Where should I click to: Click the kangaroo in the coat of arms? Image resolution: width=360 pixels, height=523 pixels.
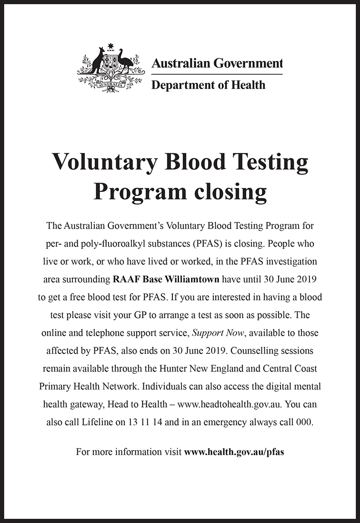point(98,61)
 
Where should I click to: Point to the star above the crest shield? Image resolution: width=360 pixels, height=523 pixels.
point(111,46)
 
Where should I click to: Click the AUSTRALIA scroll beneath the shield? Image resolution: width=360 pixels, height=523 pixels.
point(111,87)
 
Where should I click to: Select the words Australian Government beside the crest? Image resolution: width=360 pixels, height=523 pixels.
point(217,63)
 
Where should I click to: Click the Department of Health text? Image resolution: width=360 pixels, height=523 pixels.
point(208,85)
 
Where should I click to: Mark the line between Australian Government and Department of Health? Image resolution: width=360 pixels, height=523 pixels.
point(217,74)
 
